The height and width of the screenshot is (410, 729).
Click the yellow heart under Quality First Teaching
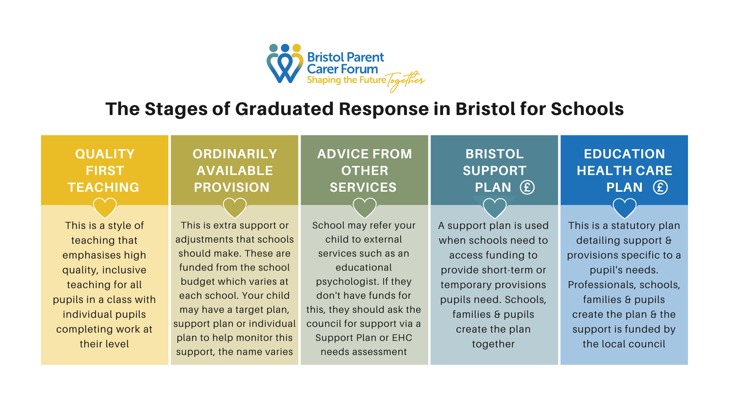pyautogui.click(x=105, y=208)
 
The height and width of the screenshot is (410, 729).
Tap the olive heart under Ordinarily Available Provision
pyautogui.click(x=235, y=208)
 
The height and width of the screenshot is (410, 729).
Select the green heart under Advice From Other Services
pyautogui.click(x=364, y=208)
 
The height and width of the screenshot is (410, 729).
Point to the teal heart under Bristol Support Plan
pyautogui.click(x=494, y=208)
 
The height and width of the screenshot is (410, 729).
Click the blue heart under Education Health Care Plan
pyautogui.click(x=624, y=208)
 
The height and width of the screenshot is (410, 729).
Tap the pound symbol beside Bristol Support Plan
pyautogui.click(x=527, y=187)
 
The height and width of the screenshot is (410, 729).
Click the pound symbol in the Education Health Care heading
pyautogui.click(x=660, y=187)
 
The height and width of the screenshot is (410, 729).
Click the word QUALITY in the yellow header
pyautogui.click(x=105, y=154)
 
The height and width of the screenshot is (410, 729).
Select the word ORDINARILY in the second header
pyautogui.click(x=235, y=154)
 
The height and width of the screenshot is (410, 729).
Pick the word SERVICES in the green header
pyautogui.click(x=363, y=187)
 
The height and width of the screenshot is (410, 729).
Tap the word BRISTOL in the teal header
pyautogui.click(x=494, y=154)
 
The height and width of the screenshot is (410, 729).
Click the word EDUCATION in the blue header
pyautogui.click(x=624, y=154)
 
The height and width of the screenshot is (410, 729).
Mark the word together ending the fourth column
pyautogui.click(x=493, y=344)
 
